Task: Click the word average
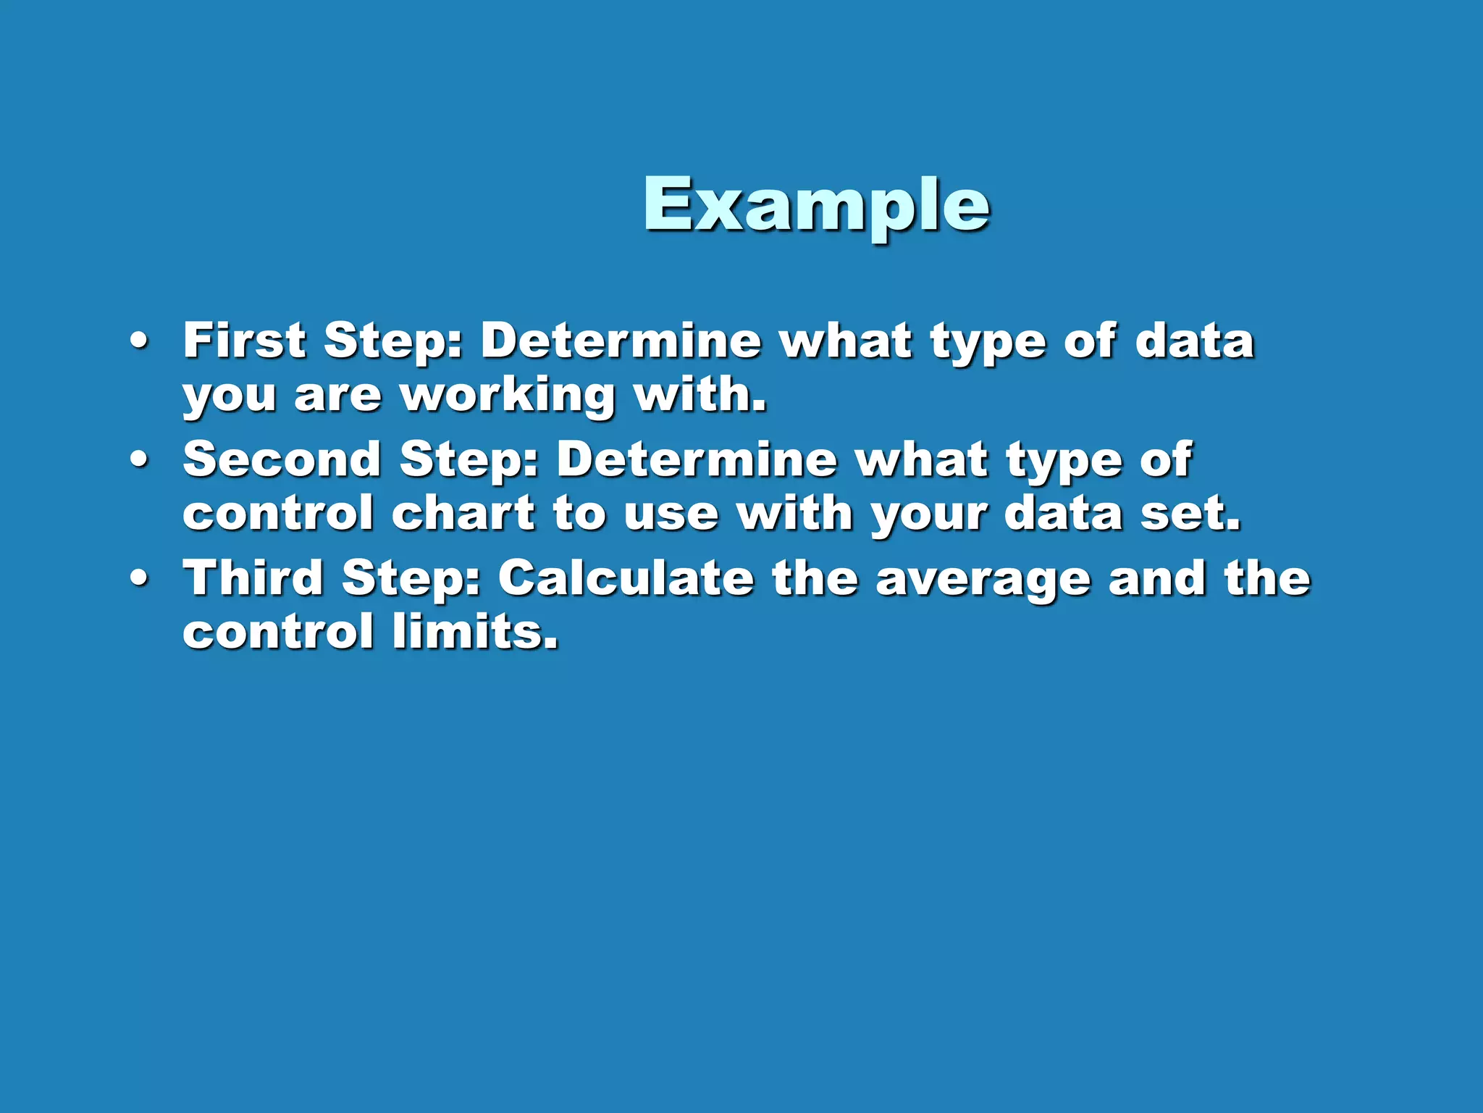click(x=983, y=580)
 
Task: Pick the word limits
click(x=475, y=632)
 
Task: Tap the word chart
click(x=463, y=513)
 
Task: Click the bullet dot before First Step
click(x=140, y=341)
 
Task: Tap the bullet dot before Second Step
click(x=140, y=460)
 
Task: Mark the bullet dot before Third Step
click(x=140, y=579)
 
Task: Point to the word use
click(x=671, y=514)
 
